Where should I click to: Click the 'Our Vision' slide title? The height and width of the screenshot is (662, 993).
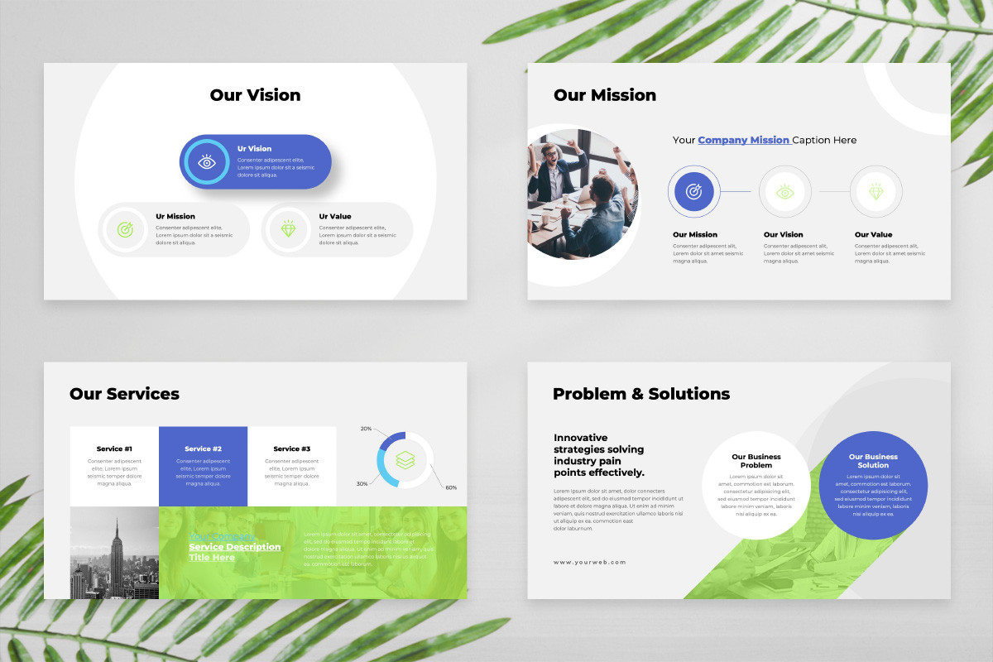pyautogui.click(x=255, y=95)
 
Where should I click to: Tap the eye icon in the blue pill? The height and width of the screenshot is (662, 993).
pyautogui.click(x=207, y=162)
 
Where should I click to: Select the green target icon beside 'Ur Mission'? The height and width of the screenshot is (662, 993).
pyautogui.click(x=125, y=229)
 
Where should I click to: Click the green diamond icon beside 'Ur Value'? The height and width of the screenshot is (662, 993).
pyautogui.click(x=288, y=229)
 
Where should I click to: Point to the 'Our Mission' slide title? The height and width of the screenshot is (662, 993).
pyautogui.click(x=605, y=95)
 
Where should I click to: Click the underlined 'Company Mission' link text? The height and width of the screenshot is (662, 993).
pyautogui.click(x=744, y=140)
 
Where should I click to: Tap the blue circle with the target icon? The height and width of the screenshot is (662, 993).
pyautogui.click(x=693, y=192)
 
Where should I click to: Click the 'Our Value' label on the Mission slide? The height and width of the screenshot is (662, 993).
pyautogui.click(x=874, y=235)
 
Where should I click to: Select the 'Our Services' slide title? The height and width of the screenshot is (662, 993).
pyautogui.click(x=124, y=394)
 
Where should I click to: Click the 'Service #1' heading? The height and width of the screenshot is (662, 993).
pyautogui.click(x=114, y=449)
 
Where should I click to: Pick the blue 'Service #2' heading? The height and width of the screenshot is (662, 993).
pyautogui.click(x=203, y=449)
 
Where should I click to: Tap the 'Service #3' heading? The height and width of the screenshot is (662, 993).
pyautogui.click(x=291, y=449)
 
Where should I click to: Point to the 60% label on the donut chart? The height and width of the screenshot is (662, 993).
pyautogui.click(x=451, y=487)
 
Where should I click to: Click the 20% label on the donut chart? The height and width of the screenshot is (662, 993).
pyautogui.click(x=366, y=429)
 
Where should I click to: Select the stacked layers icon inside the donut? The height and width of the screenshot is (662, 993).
pyautogui.click(x=405, y=459)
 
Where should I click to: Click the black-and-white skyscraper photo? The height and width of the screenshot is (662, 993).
pyautogui.click(x=114, y=553)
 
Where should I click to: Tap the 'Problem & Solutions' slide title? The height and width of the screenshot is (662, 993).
pyautogui.click(x=641, y=394)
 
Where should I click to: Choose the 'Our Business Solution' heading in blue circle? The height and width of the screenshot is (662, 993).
pyautogui.click(x=873, y=461)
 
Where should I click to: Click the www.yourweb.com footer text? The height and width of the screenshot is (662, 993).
pyautogui.click(x=590, y=562)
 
